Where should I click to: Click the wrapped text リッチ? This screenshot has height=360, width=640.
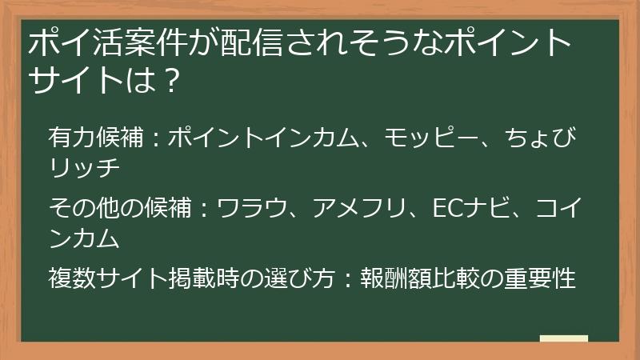point(84,169)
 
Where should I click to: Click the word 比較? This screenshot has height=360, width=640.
point(457,280)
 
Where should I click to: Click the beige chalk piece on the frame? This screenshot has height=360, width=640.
point(563,339)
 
